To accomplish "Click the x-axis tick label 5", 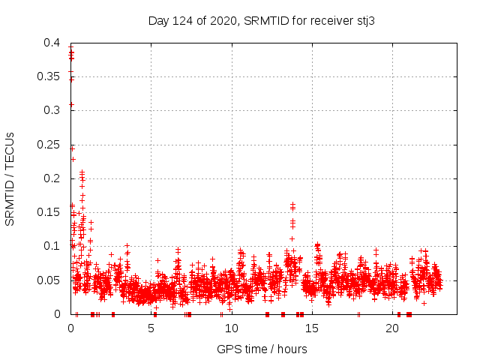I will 151,328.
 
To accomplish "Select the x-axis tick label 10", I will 231,328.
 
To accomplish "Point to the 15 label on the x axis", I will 311,328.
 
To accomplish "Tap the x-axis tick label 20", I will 392,328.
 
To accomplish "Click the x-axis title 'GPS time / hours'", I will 262,349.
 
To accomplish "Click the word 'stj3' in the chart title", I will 364,20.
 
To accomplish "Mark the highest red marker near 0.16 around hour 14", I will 292,203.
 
